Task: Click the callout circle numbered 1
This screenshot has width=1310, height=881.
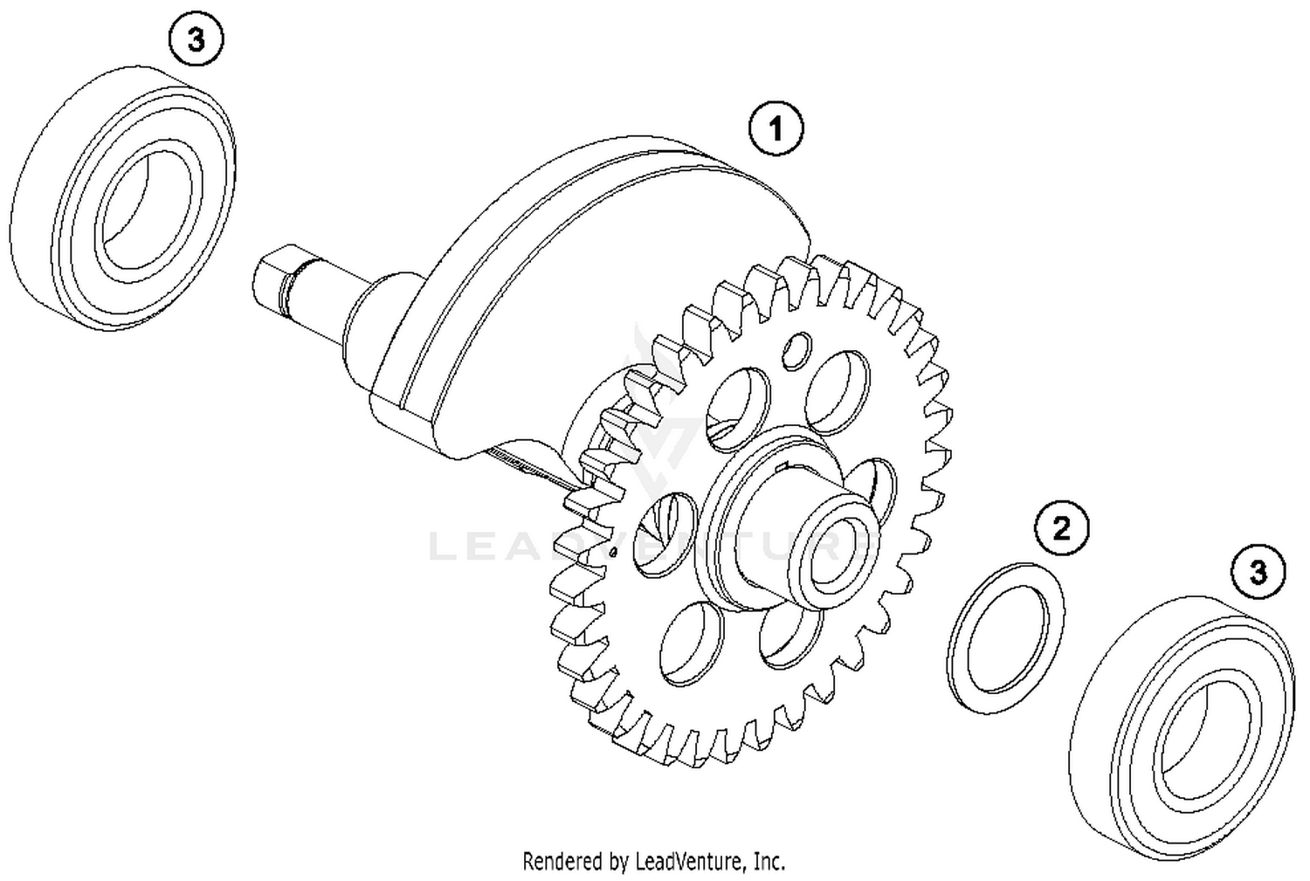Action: pos(776,129)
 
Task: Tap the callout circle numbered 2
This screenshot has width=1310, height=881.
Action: pos(1061,528)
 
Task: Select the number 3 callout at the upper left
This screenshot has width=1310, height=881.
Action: pos(196,40)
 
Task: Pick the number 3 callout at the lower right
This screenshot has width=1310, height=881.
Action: pos(1258,573)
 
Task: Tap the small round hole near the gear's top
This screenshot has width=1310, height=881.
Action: pos(796,348)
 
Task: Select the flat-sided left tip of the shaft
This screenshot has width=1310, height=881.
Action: pos(269,279)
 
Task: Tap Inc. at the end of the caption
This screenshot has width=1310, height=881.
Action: pos(768,862)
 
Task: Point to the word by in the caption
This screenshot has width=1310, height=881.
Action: pos(619,862)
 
